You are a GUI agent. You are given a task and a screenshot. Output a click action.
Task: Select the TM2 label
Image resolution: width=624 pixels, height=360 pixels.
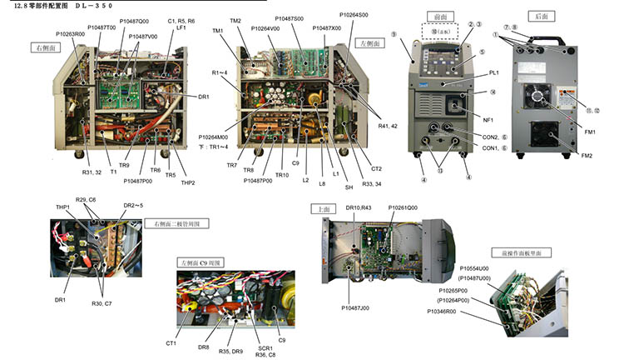coord(235,21)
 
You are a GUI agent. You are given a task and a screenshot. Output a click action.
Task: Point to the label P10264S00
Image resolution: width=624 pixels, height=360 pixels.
coord(356,14)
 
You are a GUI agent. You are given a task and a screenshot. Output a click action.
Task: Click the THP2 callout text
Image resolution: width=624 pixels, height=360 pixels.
coord(187,183)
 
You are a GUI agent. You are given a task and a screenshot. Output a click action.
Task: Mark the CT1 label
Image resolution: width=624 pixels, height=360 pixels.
coord(171,342)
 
